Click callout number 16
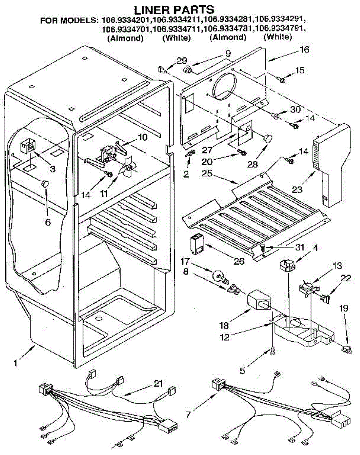[304, 49]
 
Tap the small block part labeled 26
[196, 243]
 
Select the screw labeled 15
[282, 79]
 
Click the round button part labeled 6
[45, 184]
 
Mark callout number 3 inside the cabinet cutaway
[52, 169]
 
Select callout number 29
[182, 60]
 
